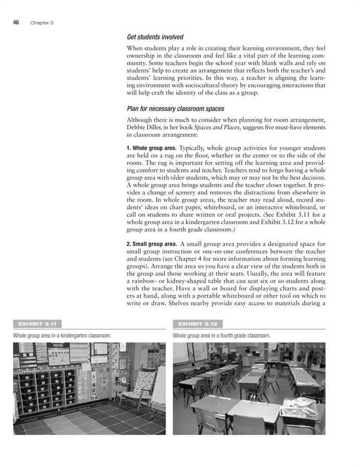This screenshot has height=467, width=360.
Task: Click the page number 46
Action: [16, 22]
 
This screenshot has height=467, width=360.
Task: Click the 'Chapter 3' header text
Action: [42, 23]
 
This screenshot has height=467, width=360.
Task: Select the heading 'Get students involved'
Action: [155, 38]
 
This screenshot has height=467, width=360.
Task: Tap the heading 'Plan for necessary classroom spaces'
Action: [176, 108]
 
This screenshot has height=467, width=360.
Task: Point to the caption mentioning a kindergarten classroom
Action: [62, 335]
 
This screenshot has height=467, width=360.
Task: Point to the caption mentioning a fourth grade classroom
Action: [221, 335]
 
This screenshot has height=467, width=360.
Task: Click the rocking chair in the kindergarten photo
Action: [135, 388]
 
